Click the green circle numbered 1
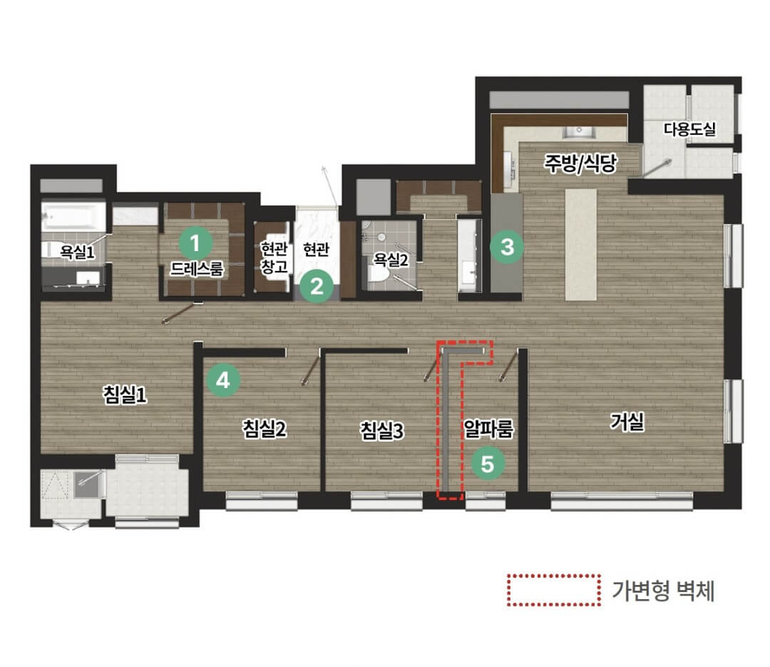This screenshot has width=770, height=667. coord(195,243)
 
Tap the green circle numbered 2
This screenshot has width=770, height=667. coord(317,286)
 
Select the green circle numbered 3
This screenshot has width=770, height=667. coord(507,247)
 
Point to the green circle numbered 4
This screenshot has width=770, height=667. coord(223,380)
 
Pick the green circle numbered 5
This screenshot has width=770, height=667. coord(488,464)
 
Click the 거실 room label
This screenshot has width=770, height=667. coord(627,422)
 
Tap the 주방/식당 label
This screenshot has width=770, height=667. coord(580,163)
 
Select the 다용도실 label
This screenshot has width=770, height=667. coord(689,129)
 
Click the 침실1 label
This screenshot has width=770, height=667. coord(125,394)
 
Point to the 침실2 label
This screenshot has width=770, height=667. coord(265,429)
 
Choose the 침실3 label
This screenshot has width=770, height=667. coord(381,431)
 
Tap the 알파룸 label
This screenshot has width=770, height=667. coord(488,429)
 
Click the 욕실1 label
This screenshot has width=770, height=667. coord(77,252)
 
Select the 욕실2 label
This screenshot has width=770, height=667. coord(391,259)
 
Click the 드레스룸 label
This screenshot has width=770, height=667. coord(197,268)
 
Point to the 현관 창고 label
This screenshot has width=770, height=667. coord(274,258)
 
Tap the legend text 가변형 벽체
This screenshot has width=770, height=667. coord(663,591)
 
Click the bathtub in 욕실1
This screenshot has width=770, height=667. coord(73,216)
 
